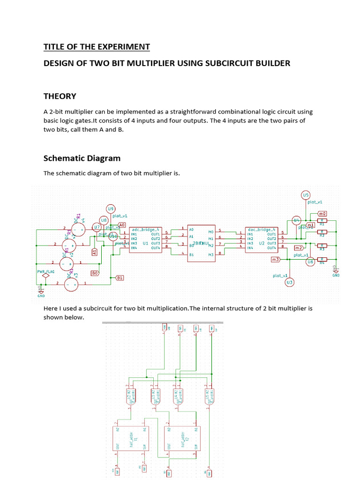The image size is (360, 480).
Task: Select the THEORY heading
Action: (x=60, y=96)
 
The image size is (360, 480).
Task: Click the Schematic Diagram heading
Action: (x=82, y=158)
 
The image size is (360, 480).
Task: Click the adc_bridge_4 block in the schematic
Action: (x=145, y=240)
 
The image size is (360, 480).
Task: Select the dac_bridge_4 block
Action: (x=262, y=240)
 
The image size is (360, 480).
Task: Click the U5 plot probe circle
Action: (x=306, y=195)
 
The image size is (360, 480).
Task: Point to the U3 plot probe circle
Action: (x=289, y=282)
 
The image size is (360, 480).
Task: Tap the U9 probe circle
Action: (x=111, y=209)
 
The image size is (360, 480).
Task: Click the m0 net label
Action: (x=322, y=213)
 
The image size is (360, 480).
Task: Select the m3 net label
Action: (x=276, y=259)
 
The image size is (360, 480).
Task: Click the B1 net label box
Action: (x=120, y=277)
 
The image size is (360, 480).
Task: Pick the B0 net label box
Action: (x=95, y=272)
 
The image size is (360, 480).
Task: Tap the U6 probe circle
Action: (x=310, y=262)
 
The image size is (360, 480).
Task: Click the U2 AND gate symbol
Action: (x=129, y=396)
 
